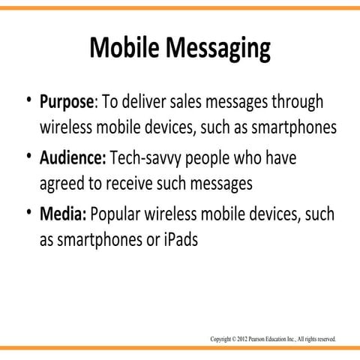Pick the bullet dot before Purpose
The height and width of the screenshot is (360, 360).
(x=28, y=103)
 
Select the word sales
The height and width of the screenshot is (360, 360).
(x=211, y=103)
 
